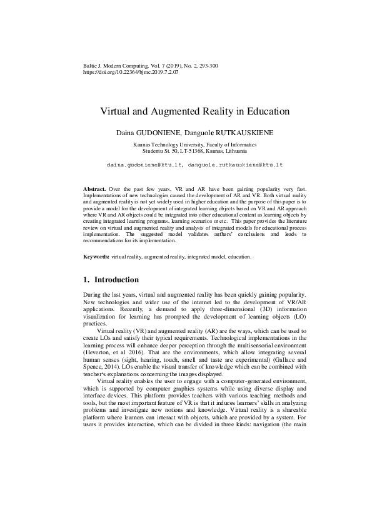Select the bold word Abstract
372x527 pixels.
click(x=94, y=188)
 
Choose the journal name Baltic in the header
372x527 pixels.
click(x=91, y=65)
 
